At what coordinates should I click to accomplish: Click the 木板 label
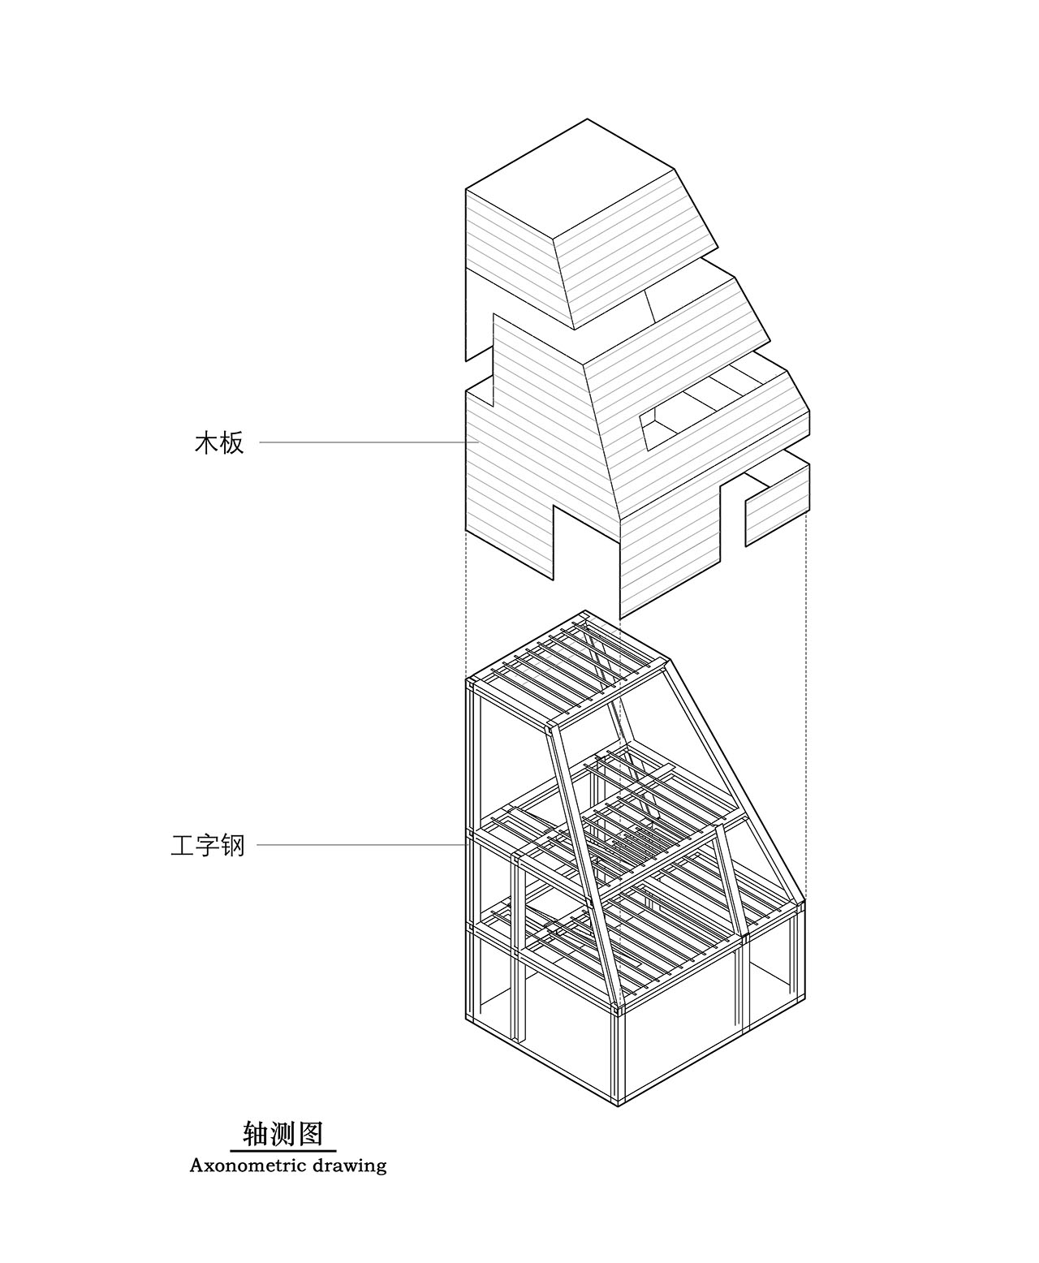tap(219, 443)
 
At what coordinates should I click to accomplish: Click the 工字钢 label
tap(208, 846)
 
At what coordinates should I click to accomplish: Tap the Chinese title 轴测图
tap(283, 1134)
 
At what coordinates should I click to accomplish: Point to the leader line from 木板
tap(369, 442)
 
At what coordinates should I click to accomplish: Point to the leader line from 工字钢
tap(362, 845)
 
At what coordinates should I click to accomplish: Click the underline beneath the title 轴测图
tap(283, 1150)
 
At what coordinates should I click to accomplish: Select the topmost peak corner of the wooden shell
tap(587, 119)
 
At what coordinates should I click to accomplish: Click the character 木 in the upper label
tap(207, 443)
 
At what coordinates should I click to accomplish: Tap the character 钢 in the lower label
tap(233, 846)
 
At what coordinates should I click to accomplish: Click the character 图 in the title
tap(312, 1134)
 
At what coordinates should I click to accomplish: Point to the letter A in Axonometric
tap(196, 1166)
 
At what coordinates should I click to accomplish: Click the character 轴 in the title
tap(256, 1134)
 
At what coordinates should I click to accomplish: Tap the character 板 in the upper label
tap(232, 443)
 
